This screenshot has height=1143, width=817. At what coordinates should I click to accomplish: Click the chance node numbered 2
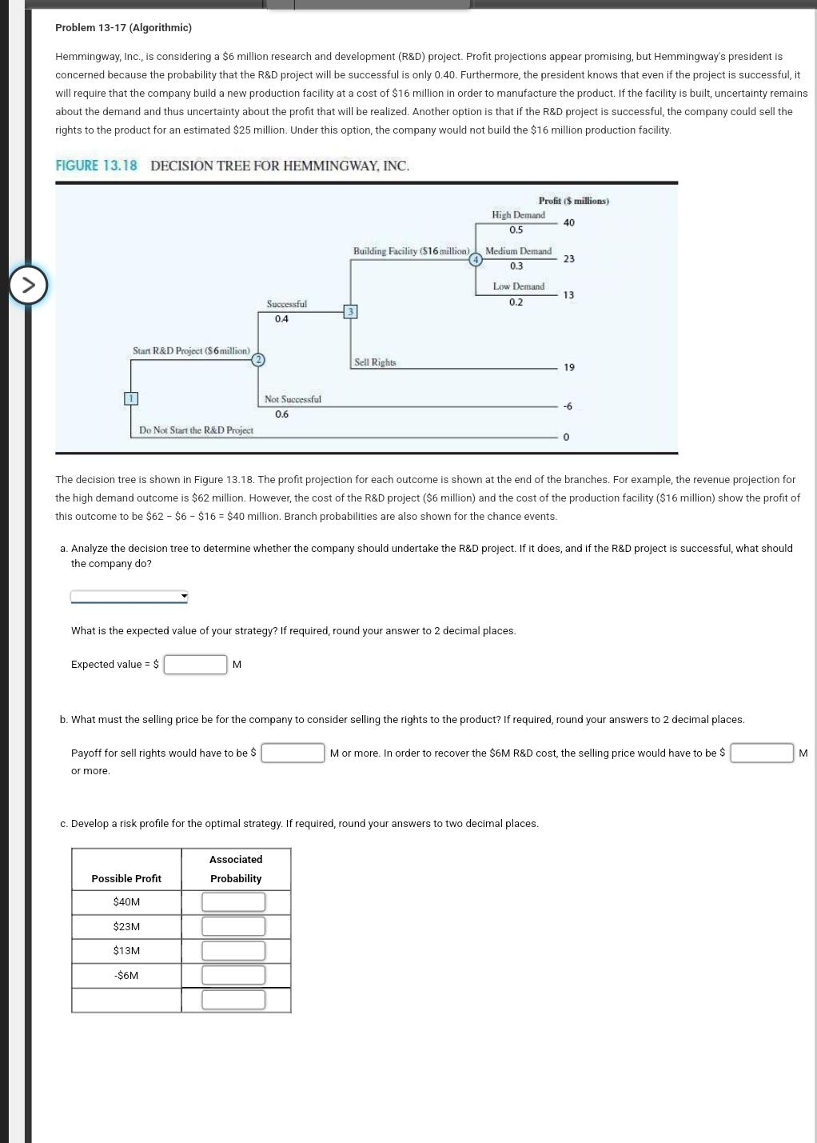tap(257, 360)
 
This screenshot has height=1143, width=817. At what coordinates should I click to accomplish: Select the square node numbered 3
tap(350, 311)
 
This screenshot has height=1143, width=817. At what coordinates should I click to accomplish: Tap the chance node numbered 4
tap(476, 259)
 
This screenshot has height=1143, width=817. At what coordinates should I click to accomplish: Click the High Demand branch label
tap(518, 215)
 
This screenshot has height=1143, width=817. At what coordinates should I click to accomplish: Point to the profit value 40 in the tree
tap(568, 222)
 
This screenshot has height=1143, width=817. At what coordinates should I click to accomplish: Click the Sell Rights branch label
tap(375, 362)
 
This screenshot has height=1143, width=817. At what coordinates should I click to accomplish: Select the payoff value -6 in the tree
tap(567, 406)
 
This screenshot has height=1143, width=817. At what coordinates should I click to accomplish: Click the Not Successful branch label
tap(293, 399)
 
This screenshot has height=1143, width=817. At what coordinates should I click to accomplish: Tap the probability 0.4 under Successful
tap(281, 319)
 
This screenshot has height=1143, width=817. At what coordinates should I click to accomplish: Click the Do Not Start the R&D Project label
tap(196, 430)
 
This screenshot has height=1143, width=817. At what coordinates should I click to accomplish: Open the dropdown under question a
tap(129, 596)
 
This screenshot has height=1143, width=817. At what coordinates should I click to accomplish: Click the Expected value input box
tap(196, 665)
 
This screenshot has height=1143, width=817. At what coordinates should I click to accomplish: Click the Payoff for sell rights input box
tap(293, 753)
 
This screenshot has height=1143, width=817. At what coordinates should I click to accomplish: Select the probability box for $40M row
tap(233, 902)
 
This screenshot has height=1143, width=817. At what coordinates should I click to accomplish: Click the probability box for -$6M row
tap(233, 975)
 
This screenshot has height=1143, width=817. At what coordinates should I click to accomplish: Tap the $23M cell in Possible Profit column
tap(126, 926)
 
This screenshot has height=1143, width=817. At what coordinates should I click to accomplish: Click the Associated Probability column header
tap(236, 869)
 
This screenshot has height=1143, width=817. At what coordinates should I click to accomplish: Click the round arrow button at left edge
tap(28, 286)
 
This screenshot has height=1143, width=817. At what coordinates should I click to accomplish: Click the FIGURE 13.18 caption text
tap(96, 166)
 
